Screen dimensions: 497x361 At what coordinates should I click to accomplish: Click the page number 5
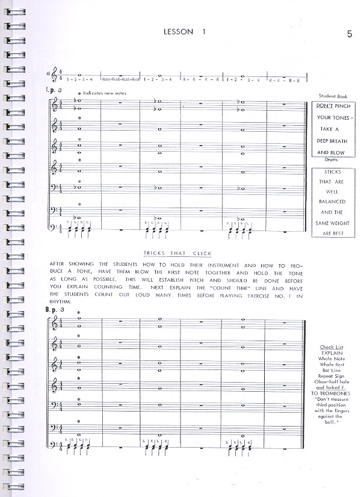click(x=350, y=33)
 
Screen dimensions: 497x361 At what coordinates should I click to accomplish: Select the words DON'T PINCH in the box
click(x=333, y=106)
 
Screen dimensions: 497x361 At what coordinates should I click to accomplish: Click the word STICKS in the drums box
click(x=333, y=171)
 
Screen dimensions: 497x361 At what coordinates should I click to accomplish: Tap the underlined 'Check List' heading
click(x=332, y=347)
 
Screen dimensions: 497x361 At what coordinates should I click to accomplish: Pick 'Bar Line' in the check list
click(x=332, y=370)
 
